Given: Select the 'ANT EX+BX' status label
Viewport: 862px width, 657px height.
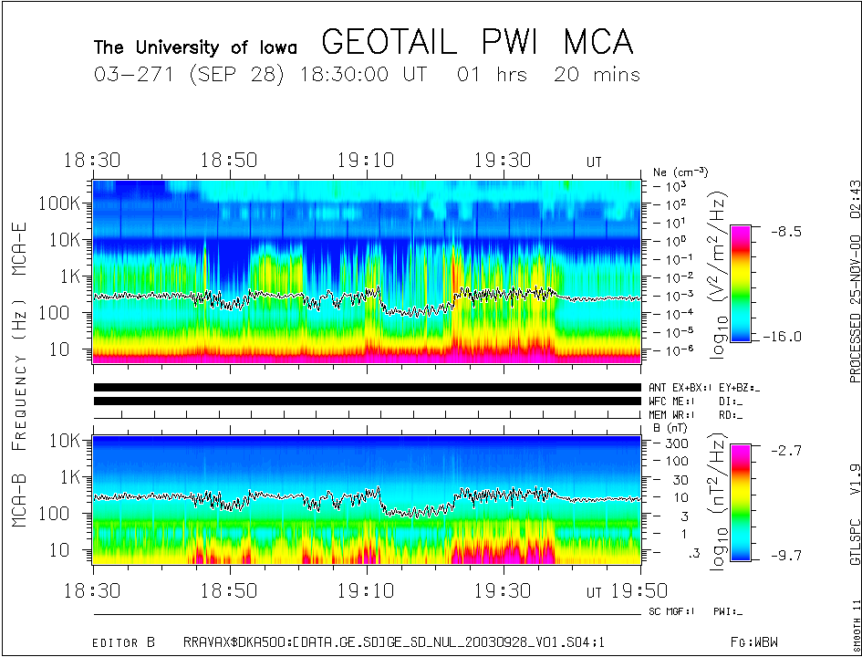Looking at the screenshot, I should pos(680,388).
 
